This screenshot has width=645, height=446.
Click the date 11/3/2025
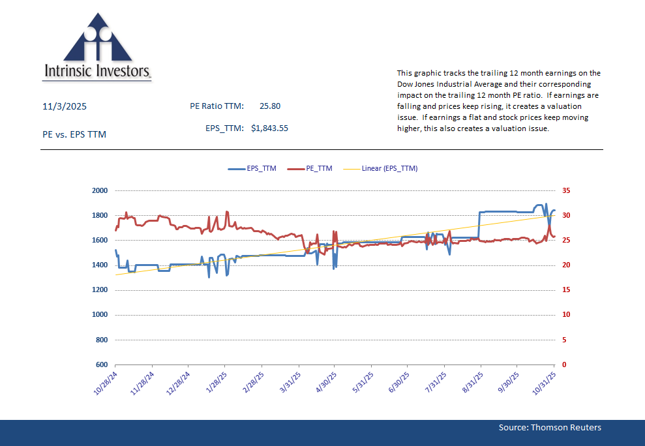[65, 106]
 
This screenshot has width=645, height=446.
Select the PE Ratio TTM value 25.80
[270, 106]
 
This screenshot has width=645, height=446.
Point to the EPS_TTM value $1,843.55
[269, 128]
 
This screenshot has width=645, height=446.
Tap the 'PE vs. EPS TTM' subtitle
[74, 134]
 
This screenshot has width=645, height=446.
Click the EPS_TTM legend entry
[252, 168]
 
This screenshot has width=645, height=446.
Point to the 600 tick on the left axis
[102, 364]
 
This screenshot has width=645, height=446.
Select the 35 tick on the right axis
[566, 191]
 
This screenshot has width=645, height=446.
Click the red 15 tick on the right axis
[566, 290]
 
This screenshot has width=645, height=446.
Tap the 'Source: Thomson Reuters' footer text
[550, 428]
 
